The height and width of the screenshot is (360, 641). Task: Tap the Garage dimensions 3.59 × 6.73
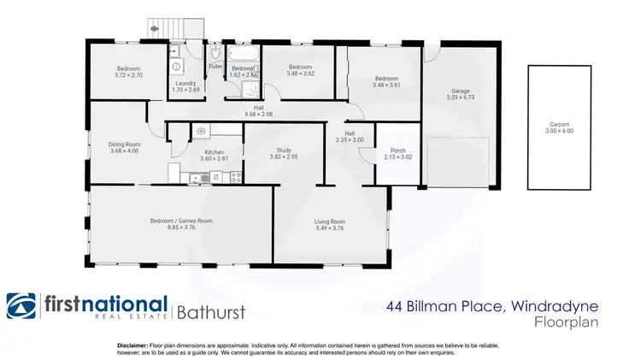[461, 97]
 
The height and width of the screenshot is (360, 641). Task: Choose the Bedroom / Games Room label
[181, 221]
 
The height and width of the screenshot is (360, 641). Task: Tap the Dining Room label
[124, 144]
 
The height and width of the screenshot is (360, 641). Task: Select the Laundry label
[185, 83]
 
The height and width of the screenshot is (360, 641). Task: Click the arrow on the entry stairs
[154, 28]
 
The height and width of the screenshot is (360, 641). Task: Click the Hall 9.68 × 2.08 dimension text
[257, 114]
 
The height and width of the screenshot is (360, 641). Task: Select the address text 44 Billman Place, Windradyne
[491, 304]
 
